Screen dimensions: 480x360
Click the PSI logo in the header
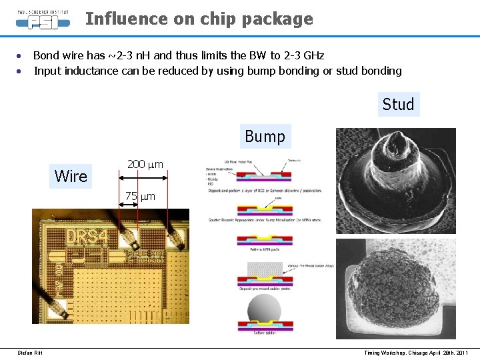pos(43,21)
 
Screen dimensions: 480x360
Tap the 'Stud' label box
pos(398,105)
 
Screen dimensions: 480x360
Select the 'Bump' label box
pos(265,137)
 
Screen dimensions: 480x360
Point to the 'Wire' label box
pos(71,177)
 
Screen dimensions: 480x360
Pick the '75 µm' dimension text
pos(140,197)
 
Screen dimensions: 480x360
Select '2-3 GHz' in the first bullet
pos(303,55)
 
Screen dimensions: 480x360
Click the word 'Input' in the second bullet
pos(46,71)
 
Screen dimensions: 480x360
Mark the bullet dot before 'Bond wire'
pos(20,55)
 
